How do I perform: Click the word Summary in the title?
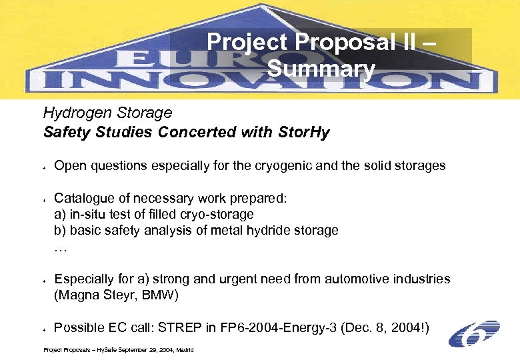tap(321, 68)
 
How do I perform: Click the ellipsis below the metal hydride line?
tap(60, 247)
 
